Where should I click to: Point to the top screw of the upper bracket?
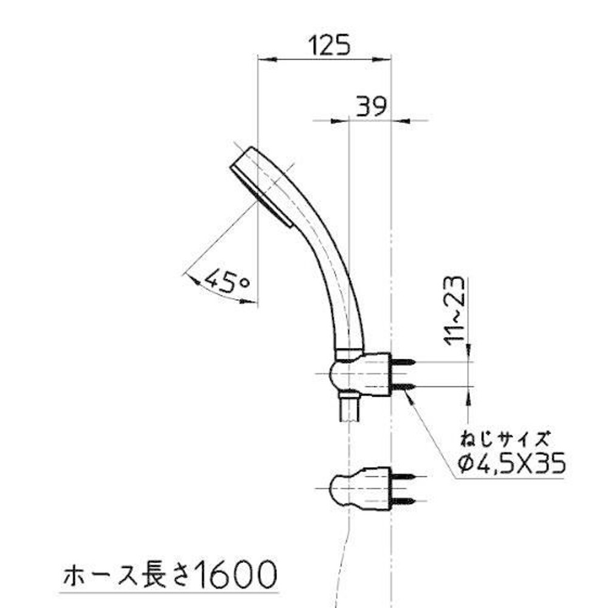point(403,363)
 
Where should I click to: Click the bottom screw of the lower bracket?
point(402,501)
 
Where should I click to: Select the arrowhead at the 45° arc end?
point(192,279)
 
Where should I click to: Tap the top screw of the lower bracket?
point(402,478)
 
